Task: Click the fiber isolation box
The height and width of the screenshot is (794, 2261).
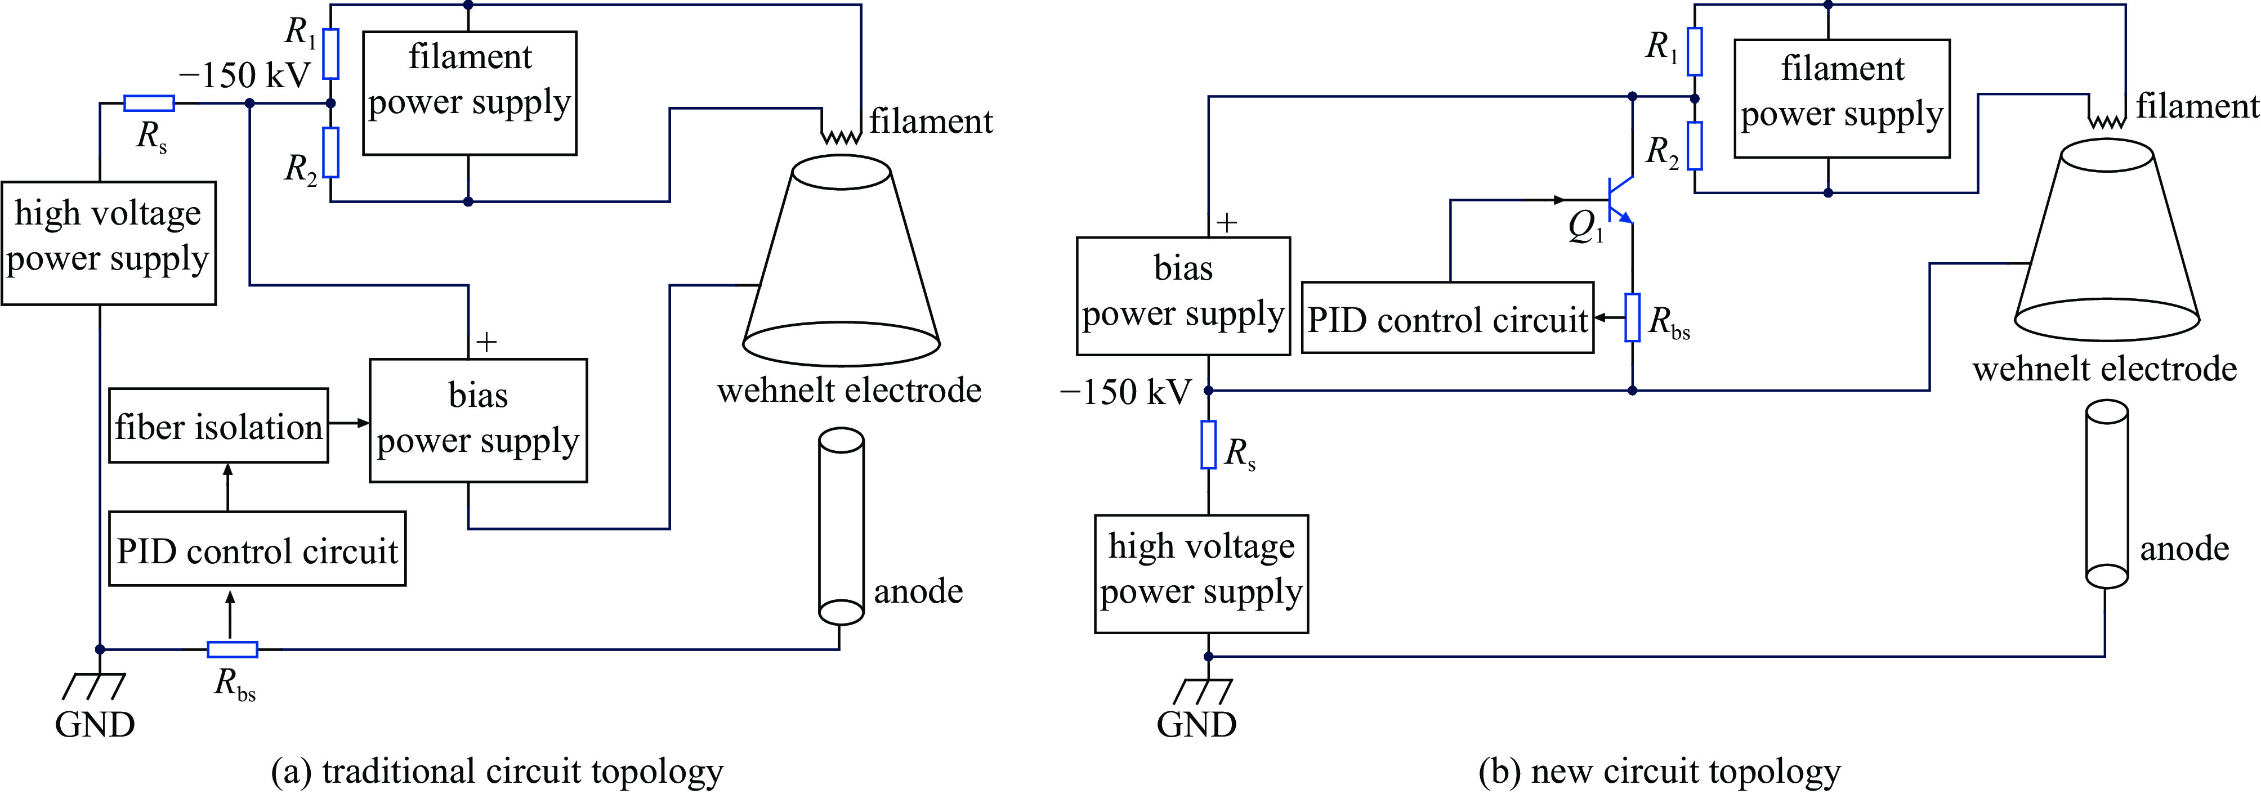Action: click(x=218, y=427)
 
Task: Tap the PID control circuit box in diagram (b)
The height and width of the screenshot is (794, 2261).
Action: click(x=1447, y=319)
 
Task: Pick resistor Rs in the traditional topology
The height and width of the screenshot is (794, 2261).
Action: click(x=149, y=104)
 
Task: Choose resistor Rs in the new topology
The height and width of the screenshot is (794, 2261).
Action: click(x=1209, y=445)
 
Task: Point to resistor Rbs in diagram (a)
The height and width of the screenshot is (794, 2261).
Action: click(x=233, y=650)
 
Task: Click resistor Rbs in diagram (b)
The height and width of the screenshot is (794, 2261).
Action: click(x=1633, y=317)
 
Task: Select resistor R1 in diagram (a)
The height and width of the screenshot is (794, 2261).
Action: click(x=331, y=53)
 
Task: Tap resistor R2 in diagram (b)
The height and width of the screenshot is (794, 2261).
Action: click(x=1695, y=146)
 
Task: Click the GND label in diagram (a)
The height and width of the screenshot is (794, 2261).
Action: click(x=95, y=725)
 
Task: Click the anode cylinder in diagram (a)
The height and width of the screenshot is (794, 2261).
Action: click(x=841, y=526)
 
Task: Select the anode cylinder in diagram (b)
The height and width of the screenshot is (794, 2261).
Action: click(x=2107, y=494)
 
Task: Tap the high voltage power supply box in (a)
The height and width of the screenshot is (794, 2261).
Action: click(x=109, y=243)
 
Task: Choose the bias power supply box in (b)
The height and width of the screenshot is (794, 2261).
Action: click(x=1183, y=295)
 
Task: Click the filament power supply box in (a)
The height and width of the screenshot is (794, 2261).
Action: click(x=470, y=93)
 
